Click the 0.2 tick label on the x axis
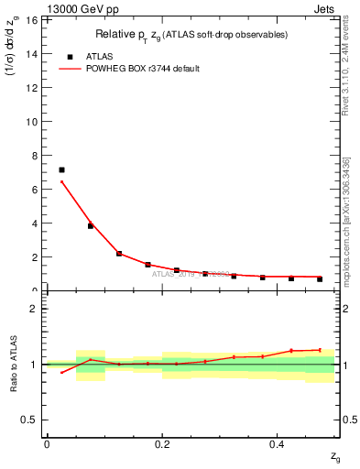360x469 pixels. (162, 444)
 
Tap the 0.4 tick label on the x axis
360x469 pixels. (278, 444)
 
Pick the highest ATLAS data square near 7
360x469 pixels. (61, 169)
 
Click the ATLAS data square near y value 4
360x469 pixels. (90, 225)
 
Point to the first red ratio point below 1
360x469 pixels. (61, 372)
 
